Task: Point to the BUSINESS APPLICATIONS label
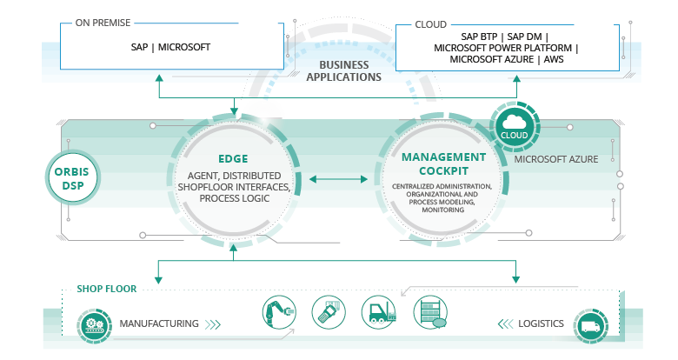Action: [x=343, y=70]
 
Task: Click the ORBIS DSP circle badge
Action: [x=71, y=178]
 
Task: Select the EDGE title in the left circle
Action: [x=234, y=159]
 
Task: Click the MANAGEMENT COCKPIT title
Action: [x=443, y=163]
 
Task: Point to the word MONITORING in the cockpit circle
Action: [x=443, y=210]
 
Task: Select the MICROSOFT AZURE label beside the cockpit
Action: [x=550, y=160]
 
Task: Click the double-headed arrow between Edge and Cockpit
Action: [x=338, y=179]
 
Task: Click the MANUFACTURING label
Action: [x=158, y=323]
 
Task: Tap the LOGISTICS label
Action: [x=541, y=323]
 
